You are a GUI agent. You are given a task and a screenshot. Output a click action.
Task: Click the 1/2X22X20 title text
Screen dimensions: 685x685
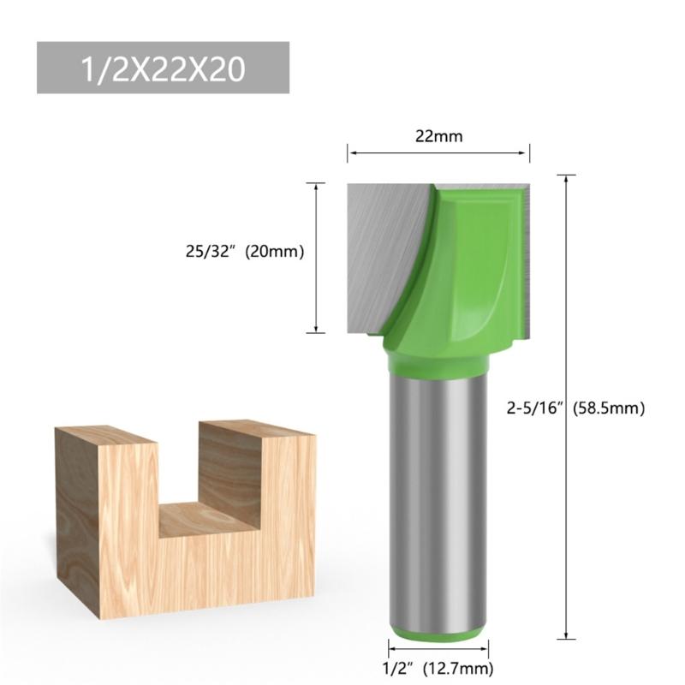coord(162,68)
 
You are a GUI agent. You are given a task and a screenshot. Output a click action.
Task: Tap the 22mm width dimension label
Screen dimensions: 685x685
coord(438,135)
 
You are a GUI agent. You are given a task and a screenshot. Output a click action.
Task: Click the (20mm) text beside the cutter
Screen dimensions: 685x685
coord(275,253)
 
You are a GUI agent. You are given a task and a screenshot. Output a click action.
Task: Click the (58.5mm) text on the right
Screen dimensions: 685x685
coord(609,408)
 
